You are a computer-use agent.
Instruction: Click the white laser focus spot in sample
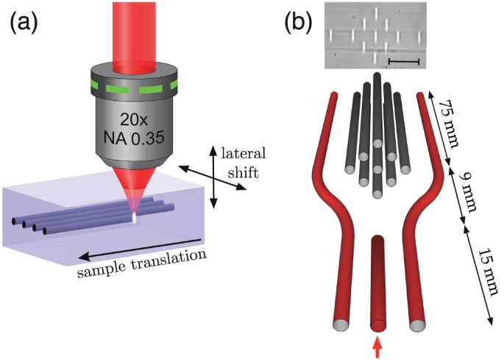135,219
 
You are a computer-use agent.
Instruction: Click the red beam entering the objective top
135,29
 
